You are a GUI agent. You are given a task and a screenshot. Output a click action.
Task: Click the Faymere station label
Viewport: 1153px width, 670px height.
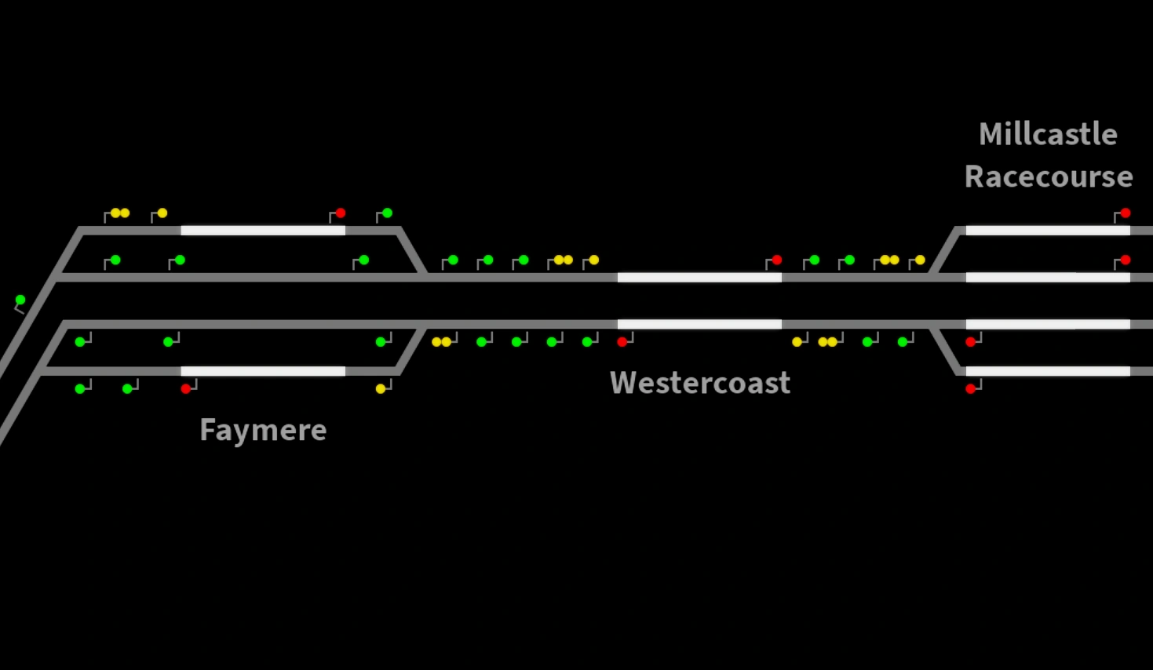[263, 430]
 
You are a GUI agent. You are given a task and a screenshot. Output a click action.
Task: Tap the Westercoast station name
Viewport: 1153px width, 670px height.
[699, 383]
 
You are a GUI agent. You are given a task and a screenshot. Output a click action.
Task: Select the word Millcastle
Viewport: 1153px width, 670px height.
[1048, 134]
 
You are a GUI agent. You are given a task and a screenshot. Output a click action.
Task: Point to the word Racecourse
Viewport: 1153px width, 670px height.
[1048, 177]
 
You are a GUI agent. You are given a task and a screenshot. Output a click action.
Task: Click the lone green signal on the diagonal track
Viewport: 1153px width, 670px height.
[20, 300]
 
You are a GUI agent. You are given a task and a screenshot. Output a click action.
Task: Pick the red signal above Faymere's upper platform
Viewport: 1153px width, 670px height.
[340, 213]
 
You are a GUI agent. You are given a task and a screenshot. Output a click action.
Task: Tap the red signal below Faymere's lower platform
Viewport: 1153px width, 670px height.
[186, 388]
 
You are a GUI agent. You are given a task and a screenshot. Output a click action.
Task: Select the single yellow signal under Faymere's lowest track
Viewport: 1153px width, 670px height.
[381, 388]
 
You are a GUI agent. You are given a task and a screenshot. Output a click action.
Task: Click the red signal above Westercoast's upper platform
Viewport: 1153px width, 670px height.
[776, 260]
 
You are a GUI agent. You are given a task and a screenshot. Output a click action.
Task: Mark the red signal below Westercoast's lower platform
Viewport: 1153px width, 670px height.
[622, 341]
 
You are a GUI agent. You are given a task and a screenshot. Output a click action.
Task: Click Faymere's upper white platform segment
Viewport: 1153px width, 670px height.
[263, 230]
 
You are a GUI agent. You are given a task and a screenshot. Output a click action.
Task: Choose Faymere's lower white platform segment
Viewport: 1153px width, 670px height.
[263, 371]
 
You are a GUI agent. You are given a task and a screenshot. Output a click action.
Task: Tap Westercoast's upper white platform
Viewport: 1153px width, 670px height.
[699, 277]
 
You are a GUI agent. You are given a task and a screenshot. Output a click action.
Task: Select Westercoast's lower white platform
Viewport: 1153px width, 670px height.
[699, 324]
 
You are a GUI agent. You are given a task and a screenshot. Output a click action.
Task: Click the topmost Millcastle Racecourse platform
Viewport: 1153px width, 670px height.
[1048, 230]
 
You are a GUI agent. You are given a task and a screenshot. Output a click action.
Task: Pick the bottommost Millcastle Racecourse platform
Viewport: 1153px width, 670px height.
[1048, 371]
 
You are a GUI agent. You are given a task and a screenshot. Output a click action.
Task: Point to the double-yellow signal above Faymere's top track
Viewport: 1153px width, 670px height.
[119, 213]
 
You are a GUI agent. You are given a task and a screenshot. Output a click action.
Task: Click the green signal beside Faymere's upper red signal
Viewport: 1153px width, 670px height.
[387, 213]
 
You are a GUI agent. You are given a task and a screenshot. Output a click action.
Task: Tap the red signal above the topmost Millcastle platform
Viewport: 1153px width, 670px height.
[1125, 213]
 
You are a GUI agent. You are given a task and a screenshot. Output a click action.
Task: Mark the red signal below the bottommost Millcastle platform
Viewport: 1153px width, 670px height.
[971, 388]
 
